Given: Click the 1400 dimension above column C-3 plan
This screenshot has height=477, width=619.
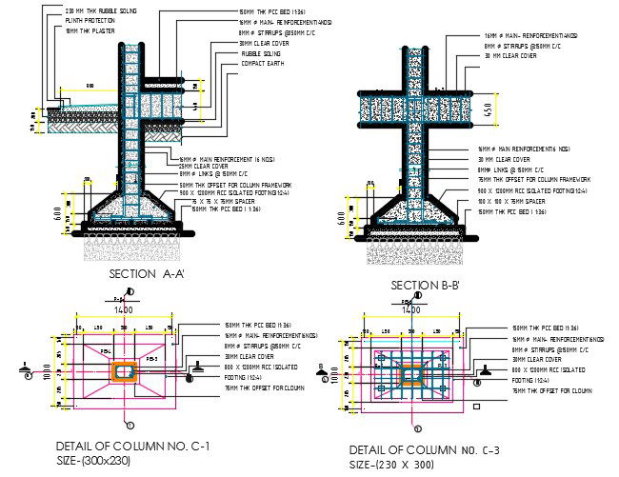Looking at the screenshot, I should pyautogui.click(x=411, y=309).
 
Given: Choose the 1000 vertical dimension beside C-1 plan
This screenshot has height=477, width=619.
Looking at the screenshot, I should pyautogui.click(x=44, y=369).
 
